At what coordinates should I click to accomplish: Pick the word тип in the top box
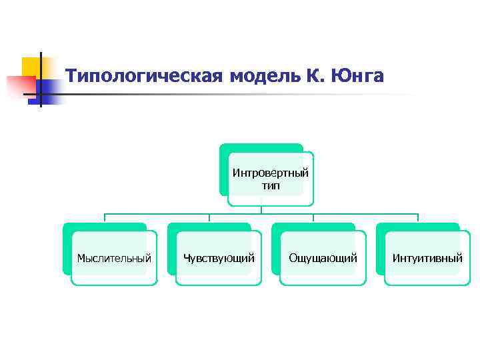tap(271, 185)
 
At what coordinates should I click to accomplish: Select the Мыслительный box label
tap(114, 258)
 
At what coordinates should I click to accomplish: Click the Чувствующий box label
tap(219, 258)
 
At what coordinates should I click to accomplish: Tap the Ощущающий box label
tap(323, 258)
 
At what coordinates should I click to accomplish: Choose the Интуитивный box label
tap(427, 258)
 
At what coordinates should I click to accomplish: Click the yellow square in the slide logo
tap(31, 66)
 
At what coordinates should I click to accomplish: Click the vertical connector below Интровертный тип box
tap(261, 209)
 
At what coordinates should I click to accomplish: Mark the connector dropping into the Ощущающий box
tap(313, 218)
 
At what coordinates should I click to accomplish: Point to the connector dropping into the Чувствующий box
tap(209, 218)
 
